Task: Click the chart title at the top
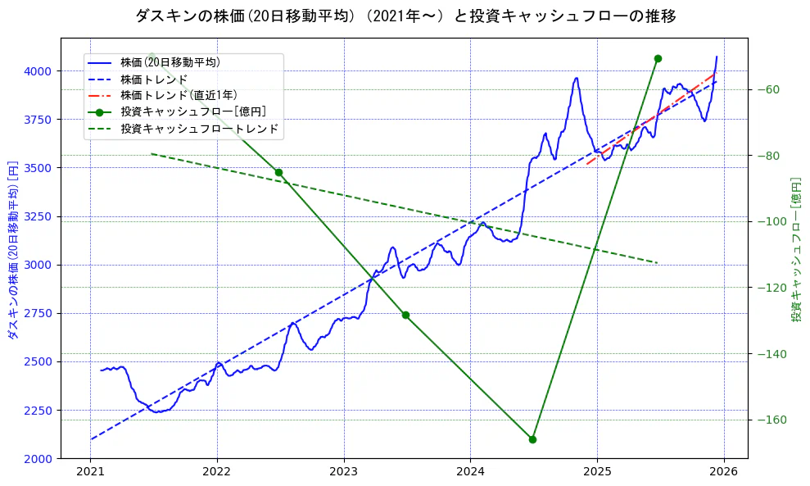405,16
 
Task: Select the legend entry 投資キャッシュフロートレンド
199,129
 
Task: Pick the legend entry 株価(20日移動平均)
170,61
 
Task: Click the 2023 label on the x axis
343,473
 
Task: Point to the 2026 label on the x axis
723,473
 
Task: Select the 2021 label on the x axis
90,473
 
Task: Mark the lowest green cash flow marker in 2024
532,439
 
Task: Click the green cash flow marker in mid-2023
405,315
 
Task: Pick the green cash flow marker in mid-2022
278,172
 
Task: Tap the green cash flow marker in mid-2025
658,58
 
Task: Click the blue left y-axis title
12,250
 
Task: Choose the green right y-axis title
796,250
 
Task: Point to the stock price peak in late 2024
577,79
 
